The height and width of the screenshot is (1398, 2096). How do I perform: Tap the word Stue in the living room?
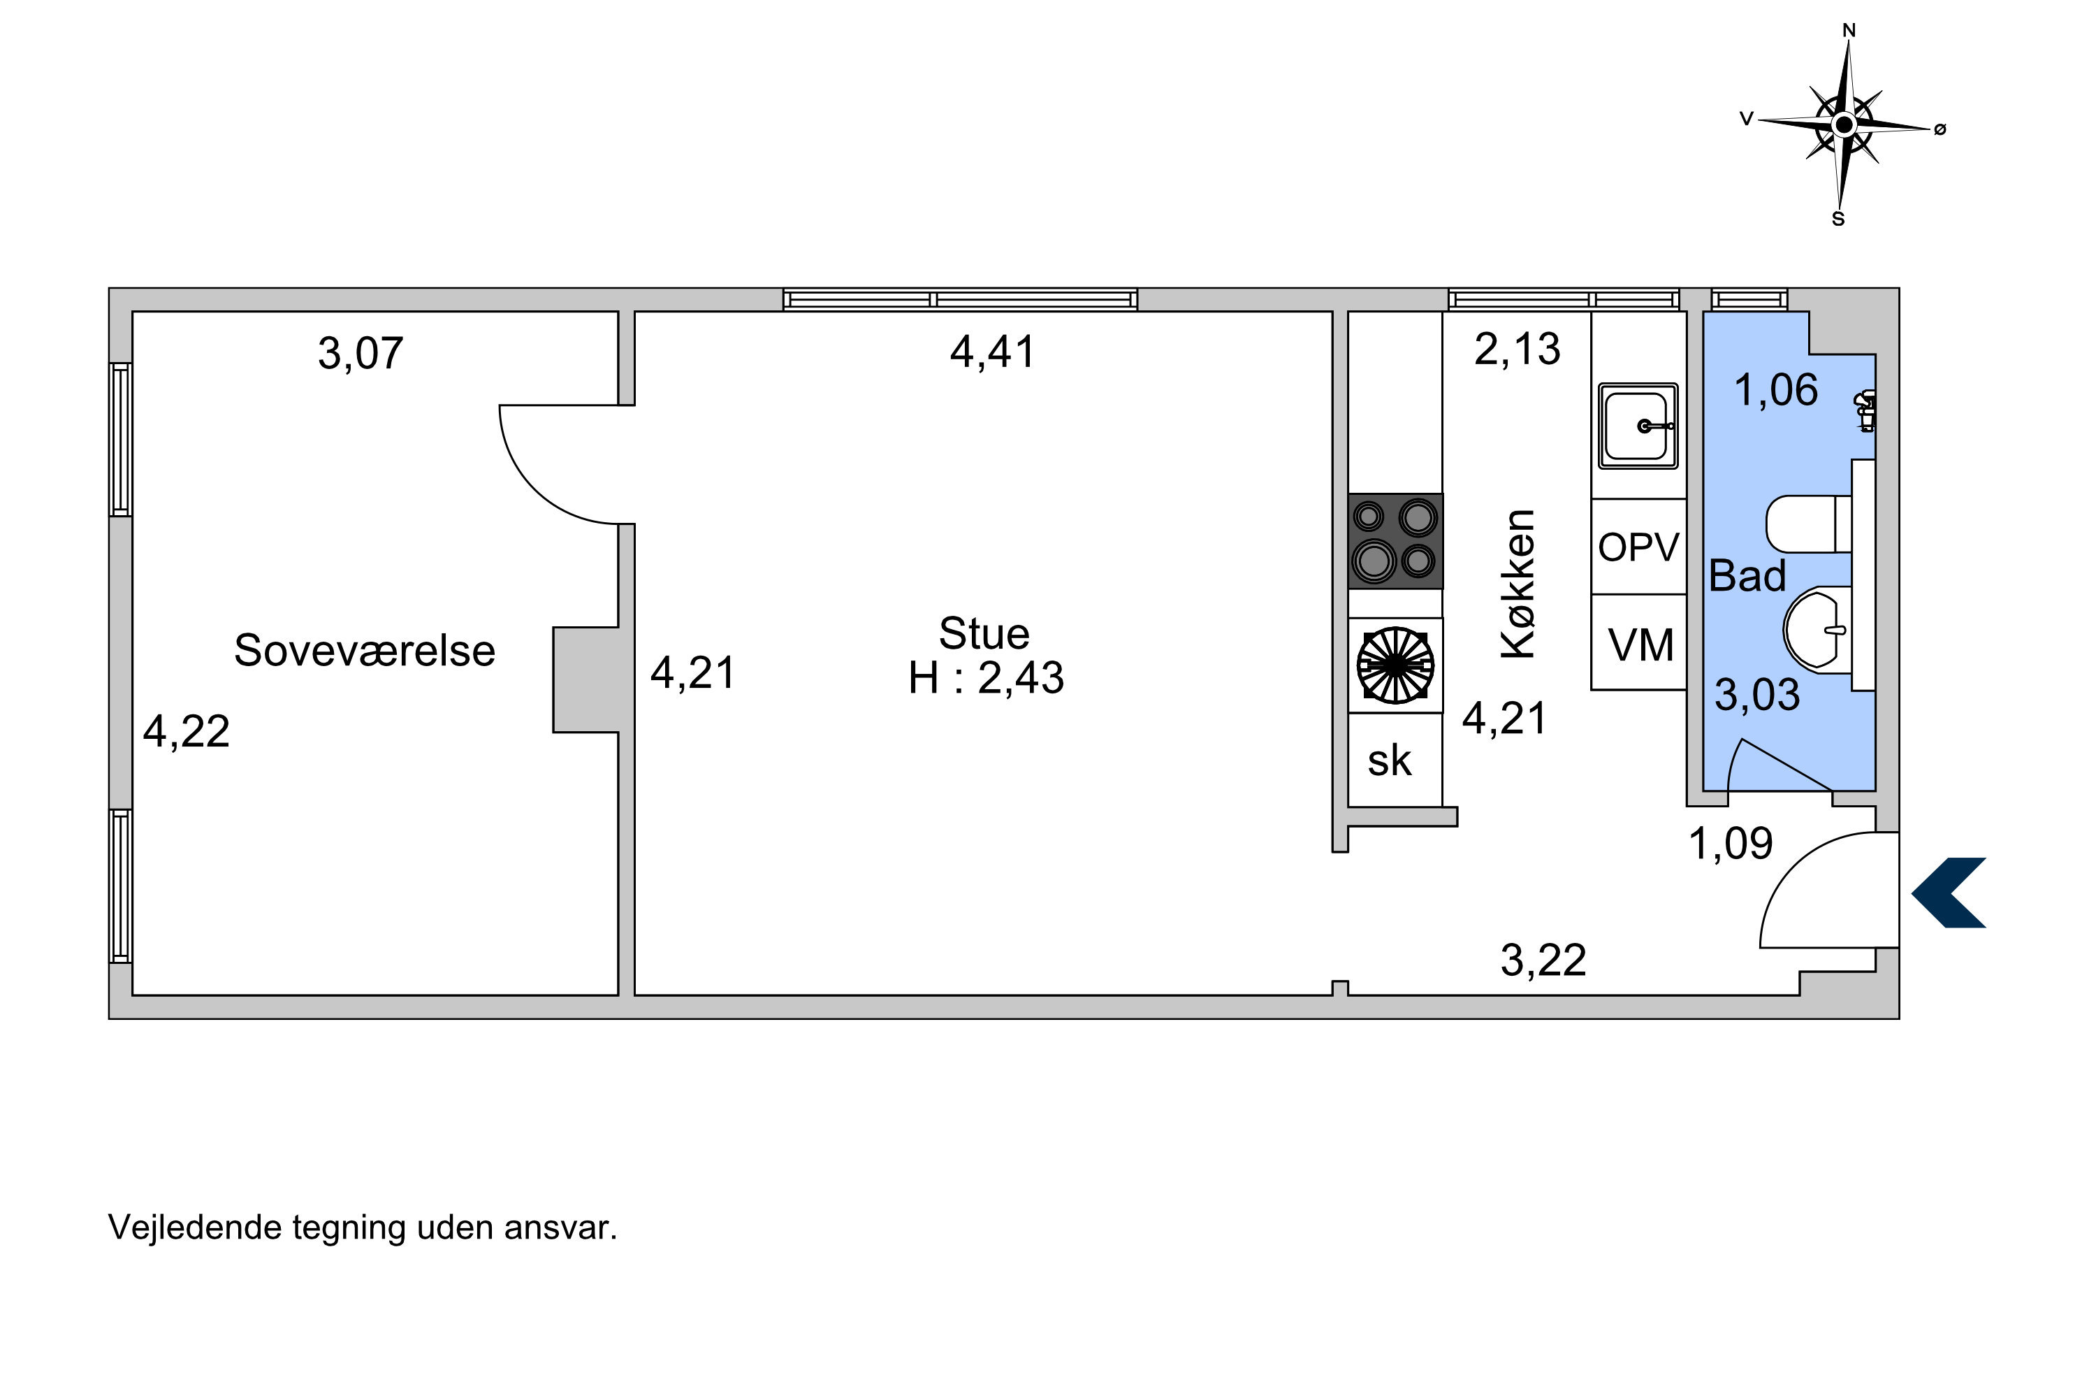[x=984, y=633]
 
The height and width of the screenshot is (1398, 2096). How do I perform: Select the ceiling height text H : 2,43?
[x=986, y=677]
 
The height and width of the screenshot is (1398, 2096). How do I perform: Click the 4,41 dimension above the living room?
[x=992, y=352]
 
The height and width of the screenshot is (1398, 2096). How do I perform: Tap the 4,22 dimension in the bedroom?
[x=187, y=731]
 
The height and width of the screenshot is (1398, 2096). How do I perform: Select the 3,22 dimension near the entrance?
[x=1543, y=960]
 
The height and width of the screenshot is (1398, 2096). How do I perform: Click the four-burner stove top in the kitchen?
[x=1395, y=541]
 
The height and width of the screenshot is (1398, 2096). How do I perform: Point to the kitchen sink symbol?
[x=1638, y=426]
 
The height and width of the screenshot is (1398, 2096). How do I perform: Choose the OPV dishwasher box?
[x=1638, y=547]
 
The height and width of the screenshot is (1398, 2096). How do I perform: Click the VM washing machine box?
[x=1638, y=642]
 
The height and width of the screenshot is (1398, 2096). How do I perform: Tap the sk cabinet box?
[x=1395, y=760]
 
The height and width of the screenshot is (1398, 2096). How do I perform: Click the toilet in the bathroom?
[x=1809, y=524]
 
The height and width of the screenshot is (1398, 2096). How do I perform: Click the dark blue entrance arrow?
[x=1950, y=893]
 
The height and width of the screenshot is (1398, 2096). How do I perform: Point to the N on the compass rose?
[x=1849, y=30]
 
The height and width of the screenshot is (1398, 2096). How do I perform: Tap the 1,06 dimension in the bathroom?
[x=1775, y=391]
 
